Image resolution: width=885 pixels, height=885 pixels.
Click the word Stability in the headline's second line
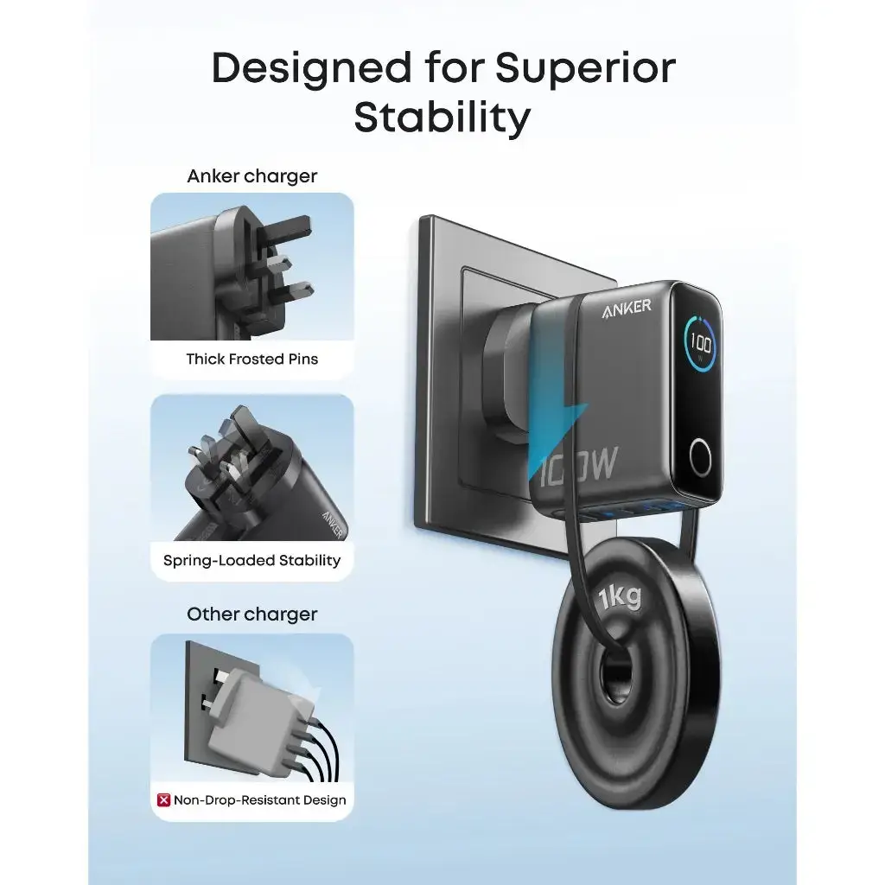point(442,118)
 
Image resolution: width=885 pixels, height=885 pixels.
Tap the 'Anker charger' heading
point(252,176)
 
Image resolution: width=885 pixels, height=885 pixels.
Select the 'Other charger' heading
point(252,614)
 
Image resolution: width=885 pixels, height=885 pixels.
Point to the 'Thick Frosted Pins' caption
point(252,359)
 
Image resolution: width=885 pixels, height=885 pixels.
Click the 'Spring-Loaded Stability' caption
point(252,560)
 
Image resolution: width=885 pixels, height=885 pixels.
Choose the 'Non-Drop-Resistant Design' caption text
point(260,799)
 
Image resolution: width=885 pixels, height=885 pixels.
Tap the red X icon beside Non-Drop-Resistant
point(163,799)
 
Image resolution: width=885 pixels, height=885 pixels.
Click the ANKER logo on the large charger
point(627,309)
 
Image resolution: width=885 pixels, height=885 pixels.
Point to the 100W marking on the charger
point(581,466)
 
